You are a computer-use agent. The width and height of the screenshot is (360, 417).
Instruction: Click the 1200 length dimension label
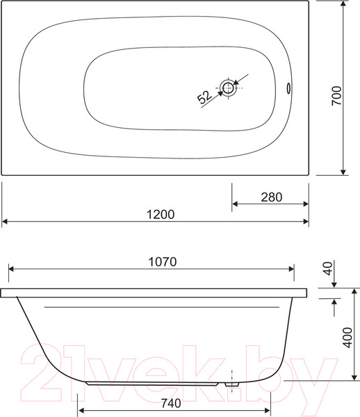(x=161, y=214)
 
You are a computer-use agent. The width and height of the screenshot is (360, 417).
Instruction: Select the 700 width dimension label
(x=336, y=95)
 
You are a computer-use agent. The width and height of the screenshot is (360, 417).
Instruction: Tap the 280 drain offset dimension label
(x=272, y=197)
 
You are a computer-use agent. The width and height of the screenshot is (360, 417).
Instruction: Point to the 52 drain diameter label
(x=205, y=97)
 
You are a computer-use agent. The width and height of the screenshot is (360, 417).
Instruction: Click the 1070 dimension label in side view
(x=162, y=262)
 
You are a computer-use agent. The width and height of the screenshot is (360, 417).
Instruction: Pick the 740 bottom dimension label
(x=171, y=403)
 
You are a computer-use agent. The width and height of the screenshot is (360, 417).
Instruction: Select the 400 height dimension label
(x=347, y=338)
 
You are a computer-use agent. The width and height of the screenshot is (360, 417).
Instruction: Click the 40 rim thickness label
(x=328, y=268)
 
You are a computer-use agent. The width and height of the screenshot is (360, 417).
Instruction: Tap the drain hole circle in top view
(x=228, y=88)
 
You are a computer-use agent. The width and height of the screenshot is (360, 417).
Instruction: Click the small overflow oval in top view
(x=288, y=88)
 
